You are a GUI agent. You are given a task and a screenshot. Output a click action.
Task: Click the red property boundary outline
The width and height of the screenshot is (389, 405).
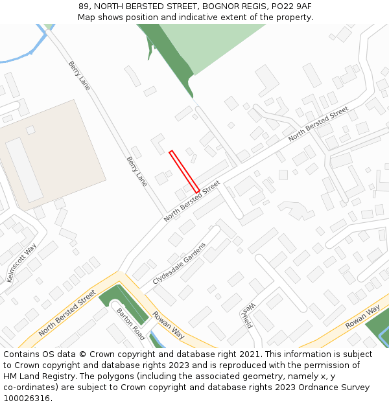(184, 172)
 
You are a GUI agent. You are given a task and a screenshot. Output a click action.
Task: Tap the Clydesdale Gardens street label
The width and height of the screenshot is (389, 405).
(180, 264)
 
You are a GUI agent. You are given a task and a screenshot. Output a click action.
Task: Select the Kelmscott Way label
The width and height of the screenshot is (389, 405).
(21, 263)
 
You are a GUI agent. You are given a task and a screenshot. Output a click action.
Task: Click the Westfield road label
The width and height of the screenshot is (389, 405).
(247, 315)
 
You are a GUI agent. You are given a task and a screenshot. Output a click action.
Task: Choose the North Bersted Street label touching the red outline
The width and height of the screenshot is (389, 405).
(192, 201)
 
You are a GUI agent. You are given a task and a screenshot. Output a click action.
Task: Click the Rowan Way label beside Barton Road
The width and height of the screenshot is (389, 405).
(168, 326)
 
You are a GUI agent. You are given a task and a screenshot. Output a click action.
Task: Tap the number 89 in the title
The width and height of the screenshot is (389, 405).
(84, 6)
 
